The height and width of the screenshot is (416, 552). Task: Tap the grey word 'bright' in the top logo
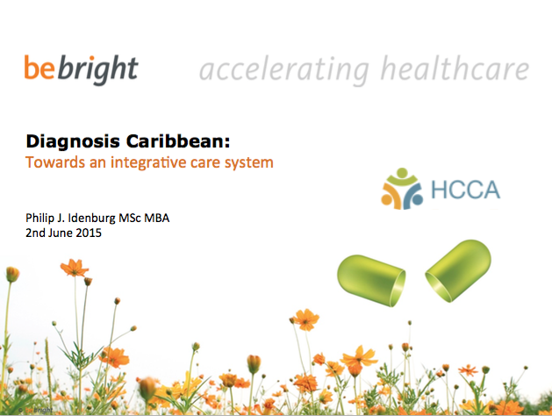tap(98, 69)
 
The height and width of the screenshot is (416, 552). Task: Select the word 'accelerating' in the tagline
tap(283, 70)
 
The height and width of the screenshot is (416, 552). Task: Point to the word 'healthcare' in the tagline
tap(455, 68)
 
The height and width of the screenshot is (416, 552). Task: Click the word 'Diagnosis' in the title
tap(73, 142)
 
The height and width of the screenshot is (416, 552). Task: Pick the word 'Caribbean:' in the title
tap(178, 140)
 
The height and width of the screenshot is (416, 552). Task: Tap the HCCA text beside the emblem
tap(465, 190)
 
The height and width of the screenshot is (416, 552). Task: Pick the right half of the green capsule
tap(458, 270)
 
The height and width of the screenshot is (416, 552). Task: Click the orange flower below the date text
tap(74, 268)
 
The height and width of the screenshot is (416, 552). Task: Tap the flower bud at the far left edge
tap(12, 274)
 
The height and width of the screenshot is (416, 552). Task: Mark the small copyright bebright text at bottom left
tap(36, 410)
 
